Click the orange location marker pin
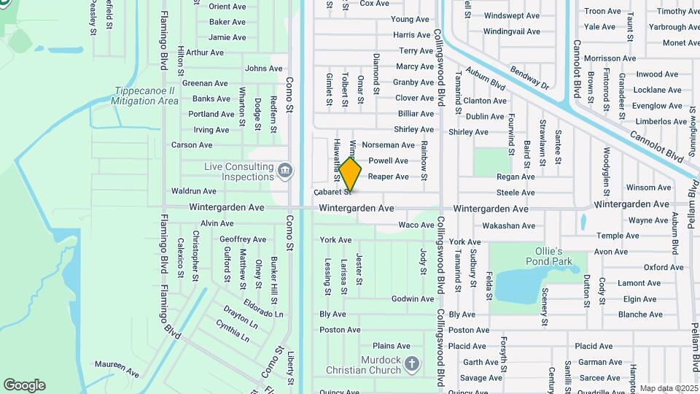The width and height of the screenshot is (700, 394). (x=350, y=175)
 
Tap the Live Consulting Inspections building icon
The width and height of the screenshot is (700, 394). (x=285, y=171)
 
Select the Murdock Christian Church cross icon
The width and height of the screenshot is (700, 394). (x=412, y=363)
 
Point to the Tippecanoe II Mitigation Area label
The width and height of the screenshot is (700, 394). (x=146, y=96)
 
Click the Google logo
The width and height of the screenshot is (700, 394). (x=24, y=385)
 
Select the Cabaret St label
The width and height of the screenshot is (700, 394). (x=332, y=193)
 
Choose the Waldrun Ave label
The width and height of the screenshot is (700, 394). (x=193, y=191)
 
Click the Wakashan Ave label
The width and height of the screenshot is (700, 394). (x=509, y=225)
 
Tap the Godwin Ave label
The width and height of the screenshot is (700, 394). (x=413, y=299)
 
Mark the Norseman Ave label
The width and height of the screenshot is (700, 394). (x=393, y=145)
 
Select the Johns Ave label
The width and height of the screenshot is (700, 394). (x=263, y=69)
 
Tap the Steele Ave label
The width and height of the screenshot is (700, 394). (x=516, y=193)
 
